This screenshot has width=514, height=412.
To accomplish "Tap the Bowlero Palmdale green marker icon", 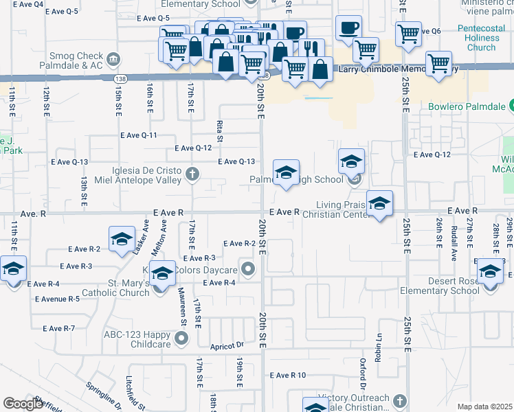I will tap(511, 106).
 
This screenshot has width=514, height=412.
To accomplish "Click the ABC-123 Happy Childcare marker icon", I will tap(181, 337).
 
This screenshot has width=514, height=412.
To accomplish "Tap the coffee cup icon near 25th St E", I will tap(349, 29).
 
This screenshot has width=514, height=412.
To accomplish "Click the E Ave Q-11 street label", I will tap(139, 136).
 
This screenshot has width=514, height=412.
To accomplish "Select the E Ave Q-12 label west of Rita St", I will tap(193, 148).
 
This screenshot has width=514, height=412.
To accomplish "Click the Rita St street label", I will tap(220, 129).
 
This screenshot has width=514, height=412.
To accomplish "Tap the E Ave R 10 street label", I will tap(288, 376).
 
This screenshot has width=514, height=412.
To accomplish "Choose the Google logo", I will tap(23, 404).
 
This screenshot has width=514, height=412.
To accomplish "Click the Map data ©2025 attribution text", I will tap(484, 407).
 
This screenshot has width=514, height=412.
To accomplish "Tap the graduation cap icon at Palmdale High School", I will tap(286, 172).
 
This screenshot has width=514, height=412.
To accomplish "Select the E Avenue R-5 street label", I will tap(58, 299).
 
